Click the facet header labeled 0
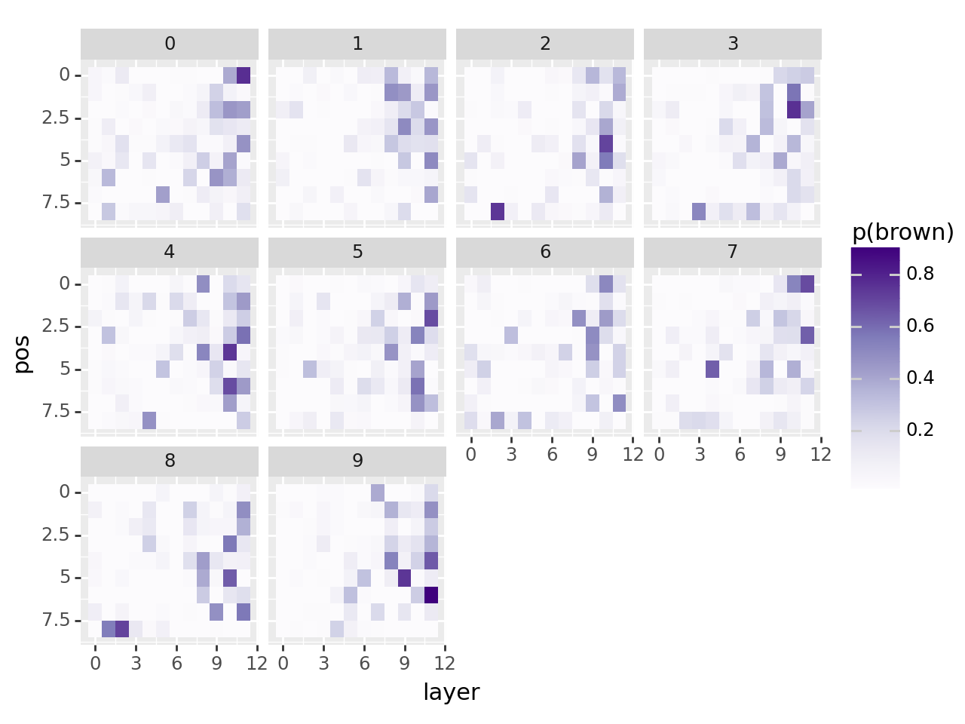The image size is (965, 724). pos(170,44)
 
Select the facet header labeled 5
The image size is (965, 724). pos(357,252)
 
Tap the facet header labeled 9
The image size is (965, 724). pos(357,460)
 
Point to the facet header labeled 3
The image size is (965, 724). pos(733,44)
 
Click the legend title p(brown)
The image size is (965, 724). pos(902,232)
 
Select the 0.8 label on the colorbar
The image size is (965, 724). pos(921,274)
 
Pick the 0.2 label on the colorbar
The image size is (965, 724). pos(921,430)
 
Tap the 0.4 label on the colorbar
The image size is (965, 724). pos(921,378)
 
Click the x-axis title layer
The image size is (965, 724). pos(451,692)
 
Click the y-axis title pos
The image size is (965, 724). pos(23,354)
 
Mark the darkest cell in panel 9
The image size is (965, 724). pos(431,594)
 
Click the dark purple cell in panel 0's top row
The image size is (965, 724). pos(244,75)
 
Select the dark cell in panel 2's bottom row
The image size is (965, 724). pos(498,211)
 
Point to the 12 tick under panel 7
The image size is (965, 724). pos(821,454)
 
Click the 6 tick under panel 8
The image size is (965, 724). pos(176,664)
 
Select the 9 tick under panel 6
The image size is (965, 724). pos(593,454)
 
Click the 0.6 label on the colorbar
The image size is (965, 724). pos(921,326)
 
